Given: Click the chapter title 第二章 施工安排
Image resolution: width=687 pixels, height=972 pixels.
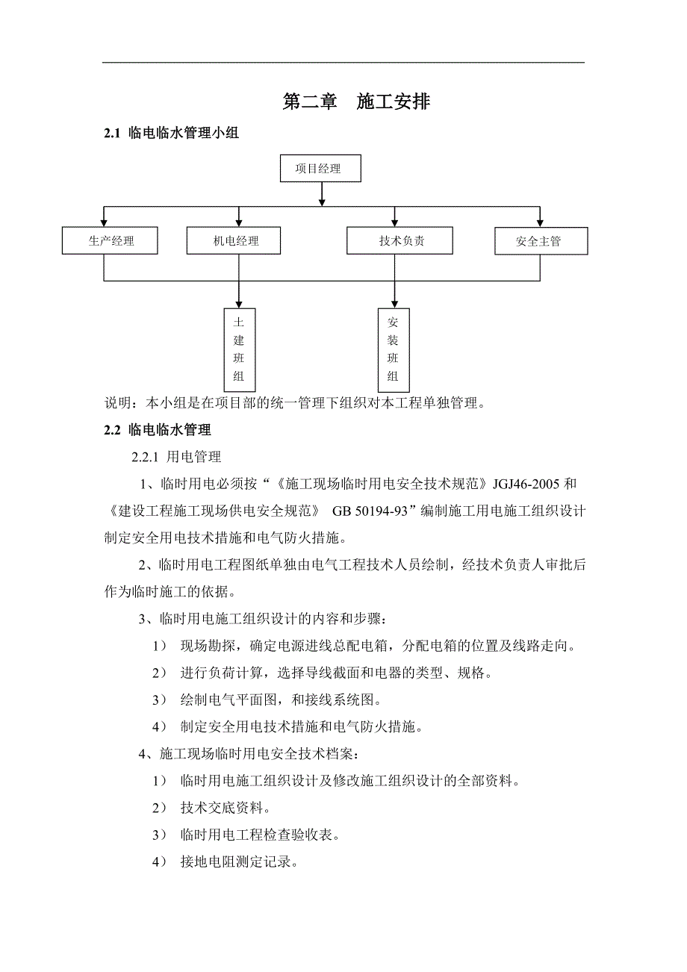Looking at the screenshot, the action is coord(356,102).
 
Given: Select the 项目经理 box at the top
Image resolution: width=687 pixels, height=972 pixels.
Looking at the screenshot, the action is coord(320,169).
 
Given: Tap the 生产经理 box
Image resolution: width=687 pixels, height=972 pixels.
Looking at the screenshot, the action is coord(111,240).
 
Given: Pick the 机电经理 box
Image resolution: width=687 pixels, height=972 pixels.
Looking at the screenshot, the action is coord(233,240).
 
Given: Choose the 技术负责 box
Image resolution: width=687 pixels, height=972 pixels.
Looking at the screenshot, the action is coord(399,240).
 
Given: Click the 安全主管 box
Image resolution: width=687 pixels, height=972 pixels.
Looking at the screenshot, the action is coord(541,241).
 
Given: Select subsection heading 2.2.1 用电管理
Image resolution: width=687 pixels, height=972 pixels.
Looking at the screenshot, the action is coord(176,457).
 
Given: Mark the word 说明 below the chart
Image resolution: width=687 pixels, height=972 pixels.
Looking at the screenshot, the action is coord(119,404).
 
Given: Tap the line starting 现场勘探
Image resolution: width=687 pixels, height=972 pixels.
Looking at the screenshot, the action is coord(378,646).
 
